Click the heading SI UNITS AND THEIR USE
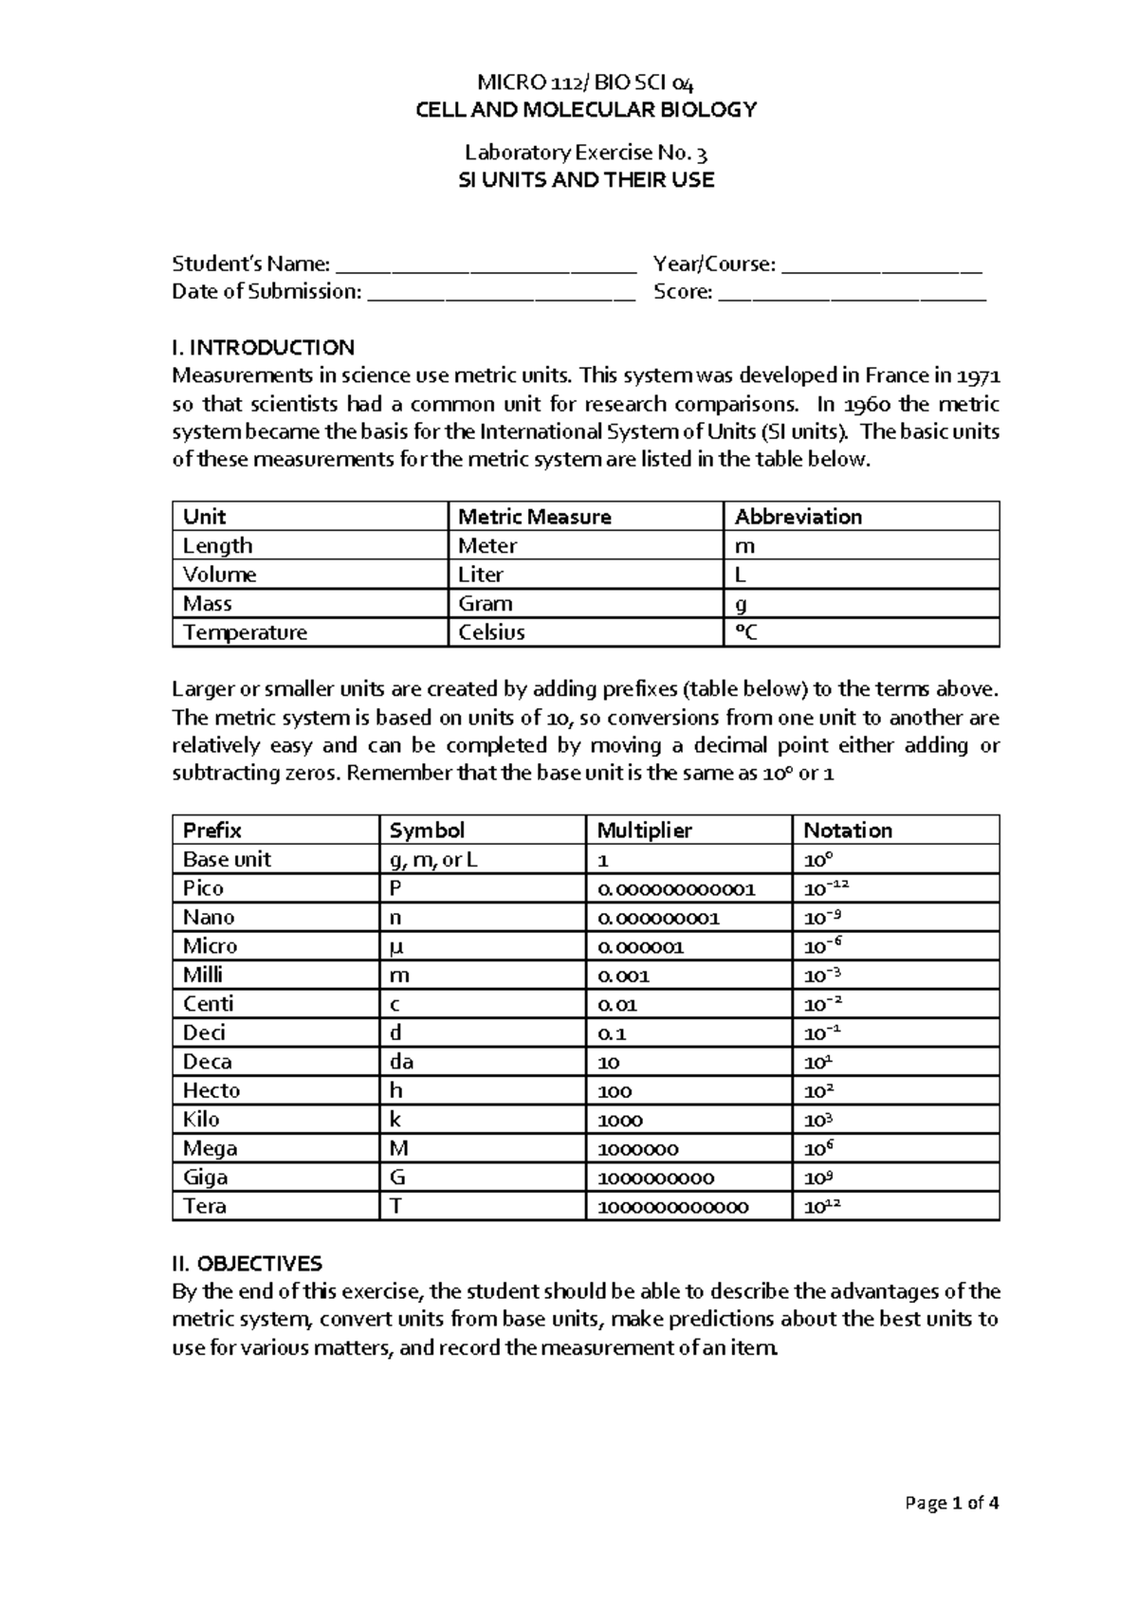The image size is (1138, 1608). [585, 180]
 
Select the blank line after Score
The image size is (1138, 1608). [853, 294]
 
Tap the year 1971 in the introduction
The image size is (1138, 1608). [978, 376]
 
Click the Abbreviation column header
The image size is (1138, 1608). [798, 517]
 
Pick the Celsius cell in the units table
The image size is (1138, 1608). [491, 632]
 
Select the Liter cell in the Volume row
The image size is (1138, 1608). [481, 575]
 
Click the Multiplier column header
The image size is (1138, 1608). [644, 831]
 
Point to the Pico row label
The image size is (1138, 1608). [203, 888]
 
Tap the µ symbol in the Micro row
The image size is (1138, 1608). [396, 946]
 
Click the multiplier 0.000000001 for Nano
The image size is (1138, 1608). [658, 918]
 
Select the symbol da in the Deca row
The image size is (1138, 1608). [401, 1062]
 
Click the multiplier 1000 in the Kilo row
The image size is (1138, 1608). [620, 1120]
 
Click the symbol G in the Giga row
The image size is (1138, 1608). [397, 1178]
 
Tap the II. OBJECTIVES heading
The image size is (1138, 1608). [247, 1264]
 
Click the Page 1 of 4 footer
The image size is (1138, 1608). [951, 1503]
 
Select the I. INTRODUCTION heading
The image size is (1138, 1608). [263, 348]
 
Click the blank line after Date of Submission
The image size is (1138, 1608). [500, 294]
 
